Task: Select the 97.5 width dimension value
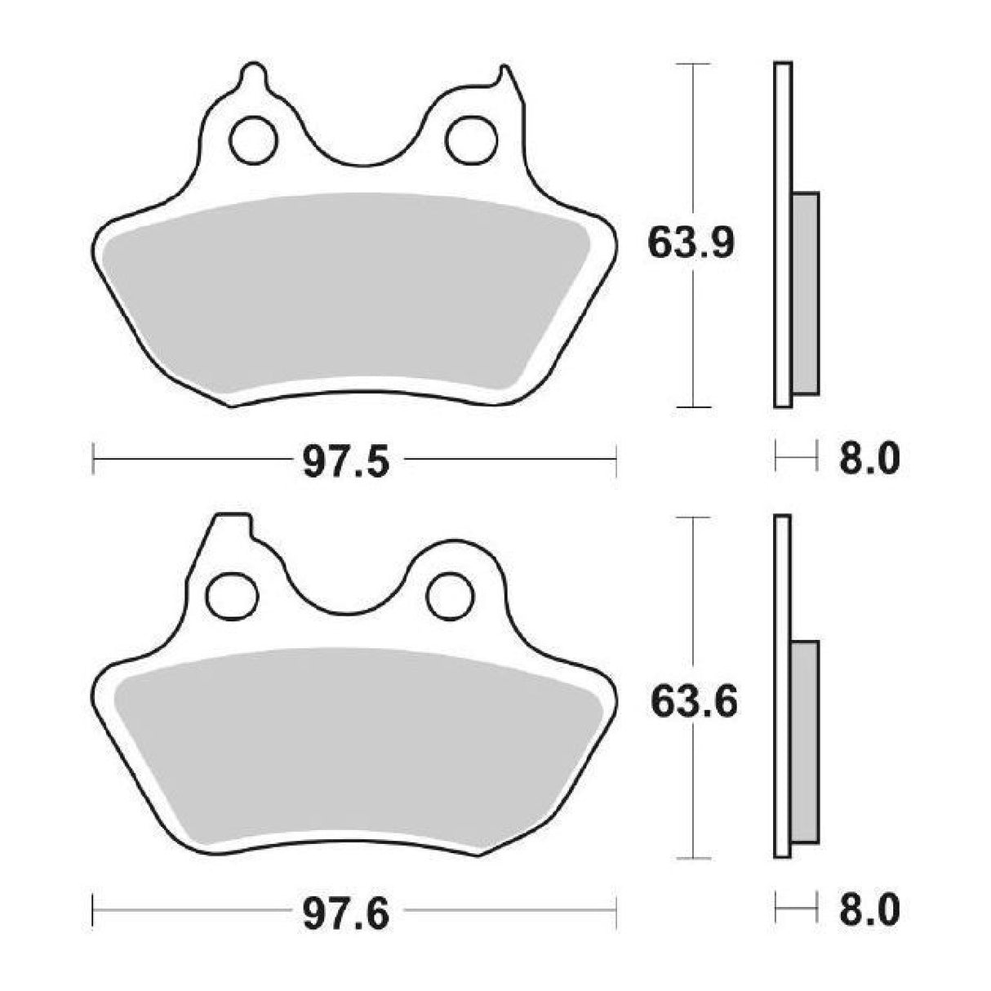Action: [347, 463]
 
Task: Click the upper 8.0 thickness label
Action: [869, 460]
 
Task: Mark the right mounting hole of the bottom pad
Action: [451, 595]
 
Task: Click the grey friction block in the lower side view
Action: [805, 743]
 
